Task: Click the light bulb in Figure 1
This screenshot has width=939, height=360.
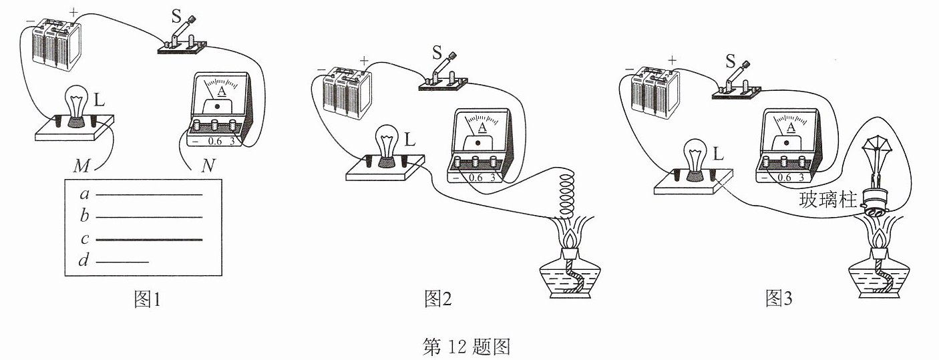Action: click(77, 106)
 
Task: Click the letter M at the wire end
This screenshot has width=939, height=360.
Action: click(81, 166)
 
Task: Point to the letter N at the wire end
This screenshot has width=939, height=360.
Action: click(208, 166)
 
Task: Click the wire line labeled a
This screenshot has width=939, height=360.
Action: click(149, 194)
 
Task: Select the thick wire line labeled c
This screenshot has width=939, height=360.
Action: click(149, 240)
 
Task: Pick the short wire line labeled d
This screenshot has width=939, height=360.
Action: click(122, 262)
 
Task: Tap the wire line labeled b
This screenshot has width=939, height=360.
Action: click(149, 217)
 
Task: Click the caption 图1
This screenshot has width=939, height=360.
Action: click(147, 299)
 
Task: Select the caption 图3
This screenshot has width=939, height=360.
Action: click(779, 298)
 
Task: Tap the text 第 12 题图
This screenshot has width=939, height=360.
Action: click(466, 347)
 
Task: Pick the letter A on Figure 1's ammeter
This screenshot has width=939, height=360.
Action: click(222, 91)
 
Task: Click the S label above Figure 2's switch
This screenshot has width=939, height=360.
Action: click(437, 53)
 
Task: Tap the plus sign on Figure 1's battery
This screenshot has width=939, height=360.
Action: click(73, 12)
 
